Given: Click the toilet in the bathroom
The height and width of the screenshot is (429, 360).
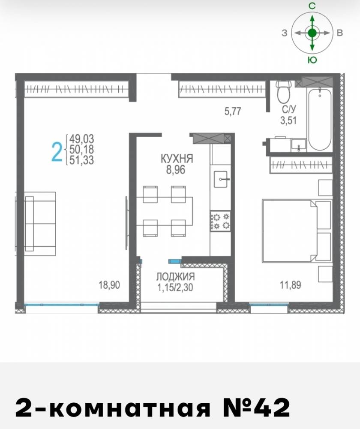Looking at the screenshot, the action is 283,91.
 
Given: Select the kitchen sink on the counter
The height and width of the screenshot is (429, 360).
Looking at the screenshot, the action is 221,179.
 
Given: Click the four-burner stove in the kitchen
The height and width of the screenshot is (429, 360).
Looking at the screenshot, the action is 220,221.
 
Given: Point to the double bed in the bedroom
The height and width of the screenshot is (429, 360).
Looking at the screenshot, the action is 289,231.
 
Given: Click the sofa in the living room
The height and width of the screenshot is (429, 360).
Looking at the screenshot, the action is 40,224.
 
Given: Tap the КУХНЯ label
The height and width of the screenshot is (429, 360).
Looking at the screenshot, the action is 177,159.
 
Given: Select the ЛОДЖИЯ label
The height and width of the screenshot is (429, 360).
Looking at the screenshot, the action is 175,277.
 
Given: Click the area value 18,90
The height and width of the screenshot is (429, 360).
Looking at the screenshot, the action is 109,285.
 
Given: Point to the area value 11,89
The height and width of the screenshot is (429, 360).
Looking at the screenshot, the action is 290,285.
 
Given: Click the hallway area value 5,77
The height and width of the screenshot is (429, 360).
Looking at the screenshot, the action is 233,112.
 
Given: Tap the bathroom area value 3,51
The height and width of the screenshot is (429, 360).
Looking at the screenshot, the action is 288,121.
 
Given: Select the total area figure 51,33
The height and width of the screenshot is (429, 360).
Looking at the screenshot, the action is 81,160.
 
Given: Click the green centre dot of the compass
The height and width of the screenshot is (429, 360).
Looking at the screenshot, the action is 312,33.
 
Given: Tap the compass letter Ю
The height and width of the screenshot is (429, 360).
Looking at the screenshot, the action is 312,60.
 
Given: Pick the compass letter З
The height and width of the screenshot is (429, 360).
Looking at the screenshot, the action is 285,33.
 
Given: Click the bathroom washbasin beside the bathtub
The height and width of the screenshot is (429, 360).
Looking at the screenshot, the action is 299,145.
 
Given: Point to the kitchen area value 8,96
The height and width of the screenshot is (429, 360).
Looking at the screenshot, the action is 176,170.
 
